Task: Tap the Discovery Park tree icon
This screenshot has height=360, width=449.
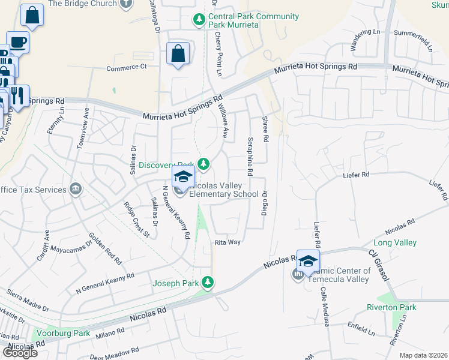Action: [x=204, y=163]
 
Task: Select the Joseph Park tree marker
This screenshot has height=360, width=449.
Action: [x=208, y=281]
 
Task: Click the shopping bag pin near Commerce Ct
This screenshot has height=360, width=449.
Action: [x=178, y=54]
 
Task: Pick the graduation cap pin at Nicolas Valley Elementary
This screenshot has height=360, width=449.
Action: [x=184, y=176]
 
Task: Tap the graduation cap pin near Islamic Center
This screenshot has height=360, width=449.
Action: [x=308, y=261]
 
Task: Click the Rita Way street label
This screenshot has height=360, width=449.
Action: [x=228, y=242]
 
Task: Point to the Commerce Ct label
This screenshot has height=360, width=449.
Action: [x=126, y=67]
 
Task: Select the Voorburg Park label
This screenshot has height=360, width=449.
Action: [x=63, y=333]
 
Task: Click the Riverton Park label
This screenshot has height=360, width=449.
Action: [x=391, y=307]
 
